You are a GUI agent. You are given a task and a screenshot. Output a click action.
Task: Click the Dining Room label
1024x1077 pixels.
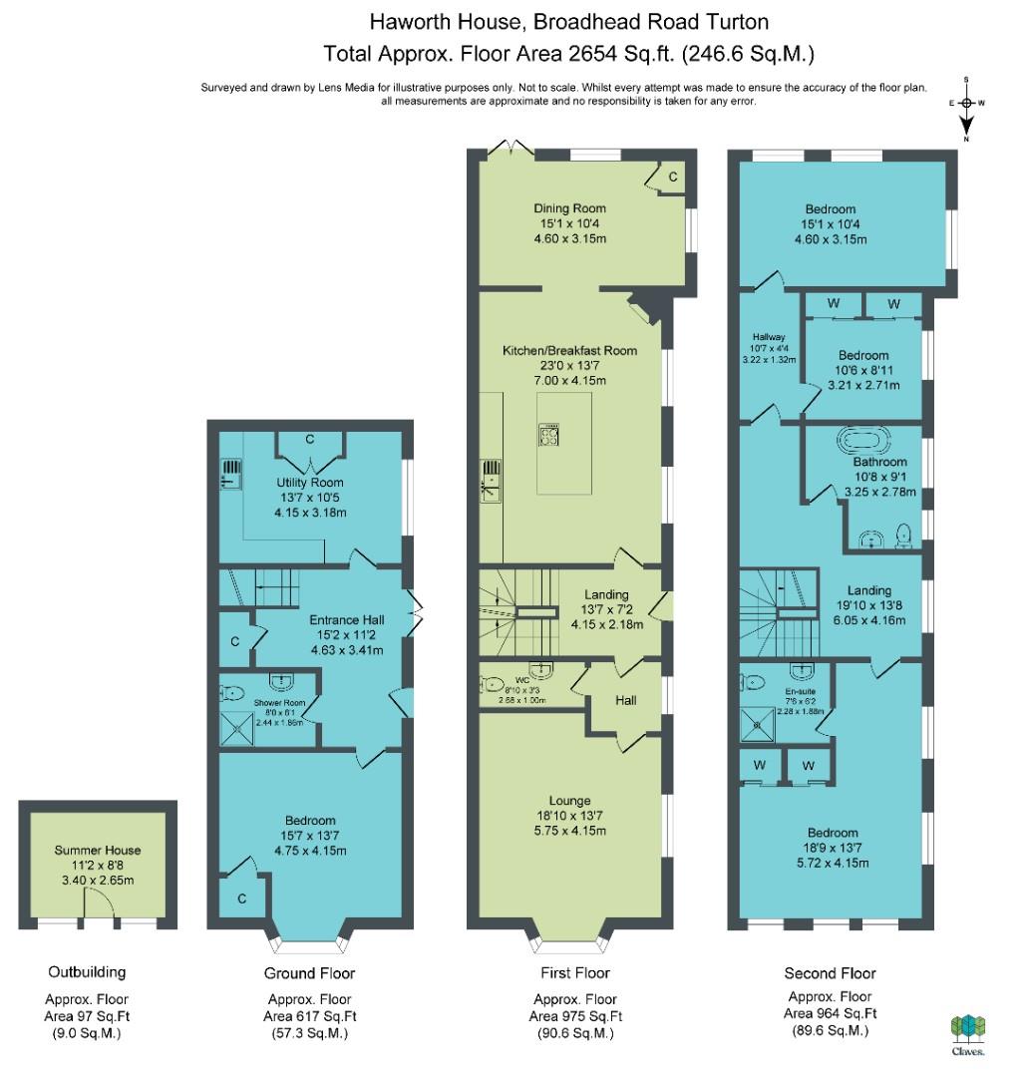(x=570, y=208)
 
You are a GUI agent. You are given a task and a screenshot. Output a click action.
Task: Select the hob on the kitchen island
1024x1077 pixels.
(x=548, y=435)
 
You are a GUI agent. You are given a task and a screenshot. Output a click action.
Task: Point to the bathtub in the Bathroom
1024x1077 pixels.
(x=863, y=440)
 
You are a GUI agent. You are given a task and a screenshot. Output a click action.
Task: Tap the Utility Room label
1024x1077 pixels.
(x=310, y=483)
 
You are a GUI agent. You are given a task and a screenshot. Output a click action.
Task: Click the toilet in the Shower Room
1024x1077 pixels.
(x=231, y=692)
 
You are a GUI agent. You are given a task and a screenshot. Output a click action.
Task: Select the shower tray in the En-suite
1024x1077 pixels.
(x=758, y=725)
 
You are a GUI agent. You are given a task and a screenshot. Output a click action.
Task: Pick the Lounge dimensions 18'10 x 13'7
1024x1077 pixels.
(x=570, y=816)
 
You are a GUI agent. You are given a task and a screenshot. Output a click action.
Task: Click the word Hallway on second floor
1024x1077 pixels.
(x=769, y=337)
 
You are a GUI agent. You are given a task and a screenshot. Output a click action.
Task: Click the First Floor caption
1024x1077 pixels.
(x=575, y=972)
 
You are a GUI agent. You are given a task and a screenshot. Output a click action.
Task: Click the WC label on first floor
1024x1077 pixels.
(x=521, y=680)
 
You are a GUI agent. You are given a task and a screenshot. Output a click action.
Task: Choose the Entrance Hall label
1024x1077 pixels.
(x=347, y=619)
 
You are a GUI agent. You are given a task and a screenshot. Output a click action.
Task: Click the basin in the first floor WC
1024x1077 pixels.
(x=541, y=669)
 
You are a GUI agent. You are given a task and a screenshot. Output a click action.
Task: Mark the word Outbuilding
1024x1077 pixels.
(x=87, y=972)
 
